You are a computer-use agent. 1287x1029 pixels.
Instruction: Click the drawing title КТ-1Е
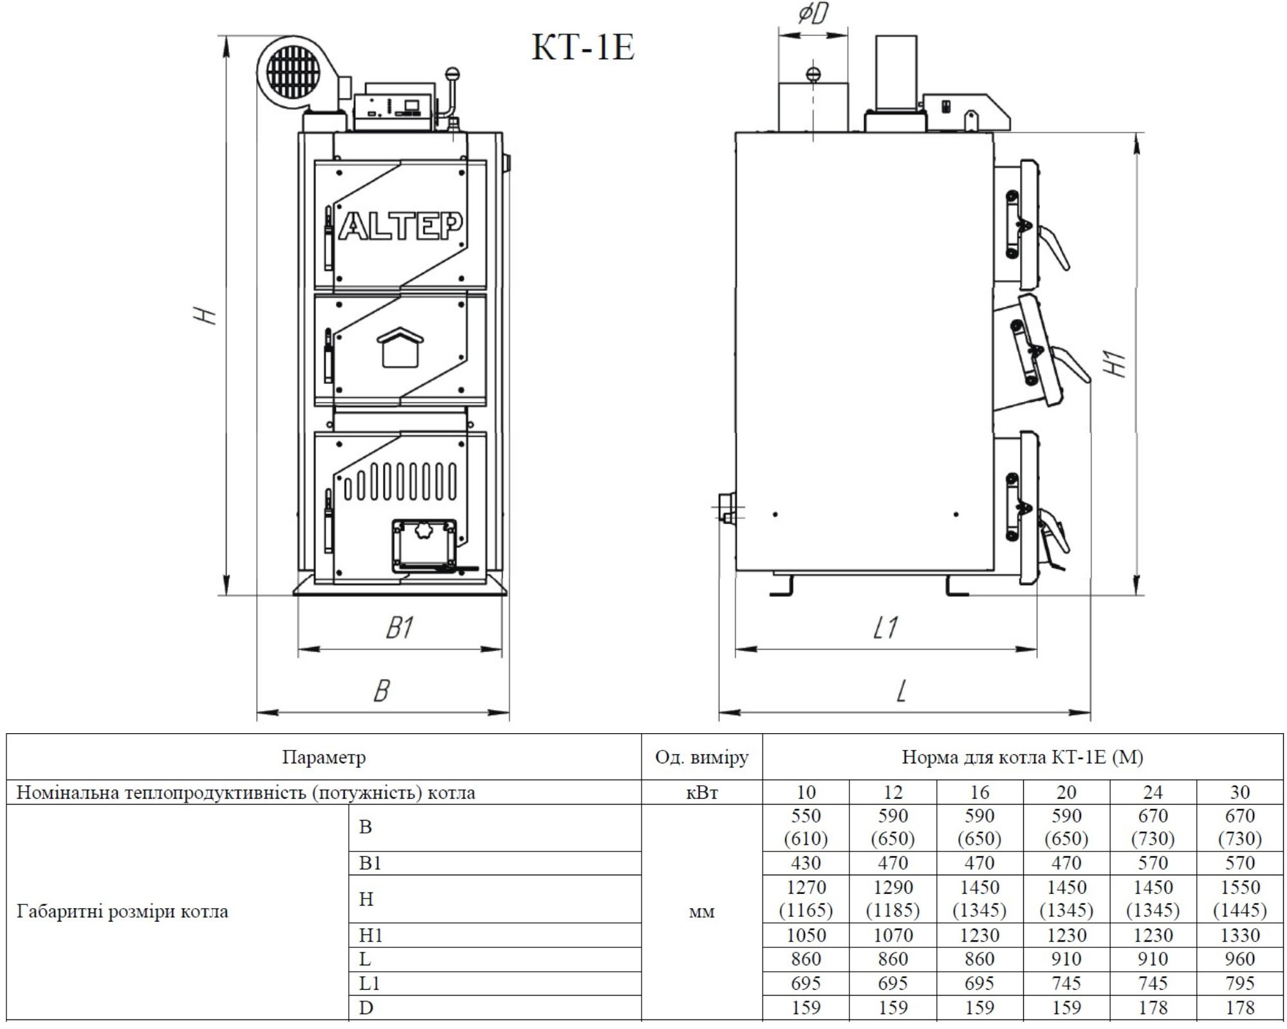(584, 47)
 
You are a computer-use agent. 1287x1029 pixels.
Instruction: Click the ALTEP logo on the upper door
(400, 226)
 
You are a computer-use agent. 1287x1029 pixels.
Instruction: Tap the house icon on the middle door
(400, 347)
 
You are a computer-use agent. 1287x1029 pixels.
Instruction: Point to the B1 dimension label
(400, 628)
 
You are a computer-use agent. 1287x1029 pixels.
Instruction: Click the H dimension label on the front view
(207, 316)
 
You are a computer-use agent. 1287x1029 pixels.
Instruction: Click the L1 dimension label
(885, 628)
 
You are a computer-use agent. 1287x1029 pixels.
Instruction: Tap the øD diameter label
(813, 13)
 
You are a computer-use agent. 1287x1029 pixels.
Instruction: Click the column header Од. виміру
(701, 757)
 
